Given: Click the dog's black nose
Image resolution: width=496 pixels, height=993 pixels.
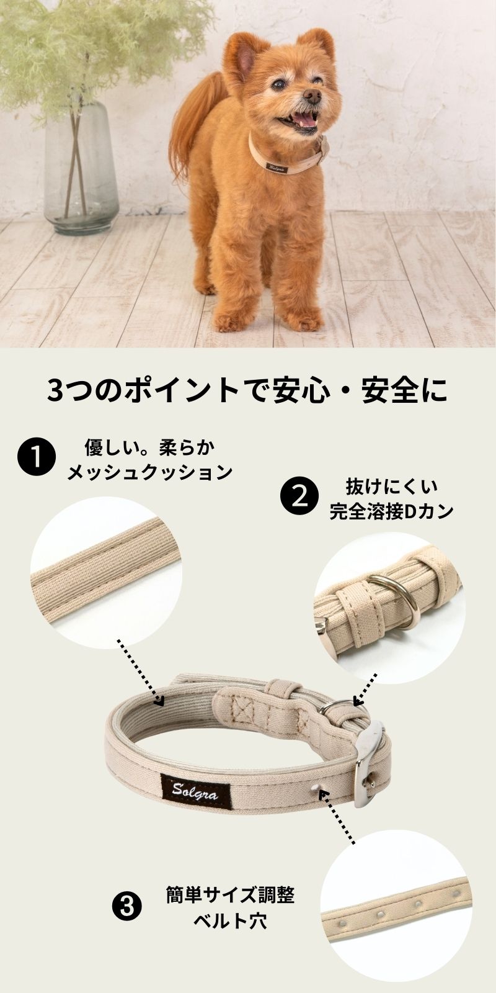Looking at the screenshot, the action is pos(312,96).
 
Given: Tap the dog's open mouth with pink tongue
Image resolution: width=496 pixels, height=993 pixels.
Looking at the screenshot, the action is pos(301,121).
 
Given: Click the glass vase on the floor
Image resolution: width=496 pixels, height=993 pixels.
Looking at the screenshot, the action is pos(81,168).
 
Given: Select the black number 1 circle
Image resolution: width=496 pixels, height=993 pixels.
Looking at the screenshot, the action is pos(37,457).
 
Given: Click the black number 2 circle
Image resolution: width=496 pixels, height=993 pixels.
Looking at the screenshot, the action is pos(300,496).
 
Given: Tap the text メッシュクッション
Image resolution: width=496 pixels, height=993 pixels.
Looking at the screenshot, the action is pos(149,472).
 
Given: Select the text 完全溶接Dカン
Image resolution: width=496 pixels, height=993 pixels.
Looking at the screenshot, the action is pos(392,511).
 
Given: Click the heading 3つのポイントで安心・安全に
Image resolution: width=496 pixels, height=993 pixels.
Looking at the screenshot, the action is pos(247,390).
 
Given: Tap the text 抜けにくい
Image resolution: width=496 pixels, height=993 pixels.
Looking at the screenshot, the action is pos(391,487).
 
